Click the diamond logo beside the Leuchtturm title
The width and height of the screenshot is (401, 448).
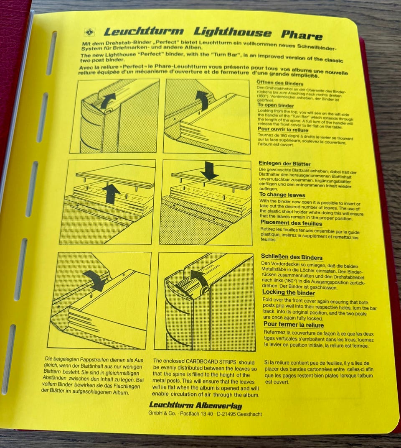click(90, 32)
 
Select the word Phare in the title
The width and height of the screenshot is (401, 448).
click(302, 35)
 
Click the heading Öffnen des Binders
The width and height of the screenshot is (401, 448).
click(280, 83)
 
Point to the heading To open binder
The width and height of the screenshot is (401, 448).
click(275, 105)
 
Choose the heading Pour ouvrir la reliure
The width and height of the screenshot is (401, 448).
click(283, 130)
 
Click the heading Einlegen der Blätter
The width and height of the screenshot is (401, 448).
click(284, 164)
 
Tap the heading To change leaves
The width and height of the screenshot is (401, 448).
click(282, 195)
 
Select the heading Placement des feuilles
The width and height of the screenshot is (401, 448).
click(291, 223)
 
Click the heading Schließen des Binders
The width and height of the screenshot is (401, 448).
click(292, 257)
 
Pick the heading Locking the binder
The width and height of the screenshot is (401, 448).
click(289, 292)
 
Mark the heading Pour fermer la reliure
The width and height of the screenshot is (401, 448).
click(293, 325)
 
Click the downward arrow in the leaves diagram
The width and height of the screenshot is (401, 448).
click(209, 170)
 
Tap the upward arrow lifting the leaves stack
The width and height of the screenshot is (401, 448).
click(111, 193)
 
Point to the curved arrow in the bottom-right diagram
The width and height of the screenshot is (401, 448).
click(199, 277)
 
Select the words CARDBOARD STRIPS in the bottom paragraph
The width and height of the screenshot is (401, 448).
click(211, 361)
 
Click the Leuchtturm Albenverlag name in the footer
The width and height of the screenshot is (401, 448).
click(195, 405)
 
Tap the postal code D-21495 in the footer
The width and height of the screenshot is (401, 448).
click(226, 414)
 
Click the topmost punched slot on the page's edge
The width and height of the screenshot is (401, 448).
click(52, 49)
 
